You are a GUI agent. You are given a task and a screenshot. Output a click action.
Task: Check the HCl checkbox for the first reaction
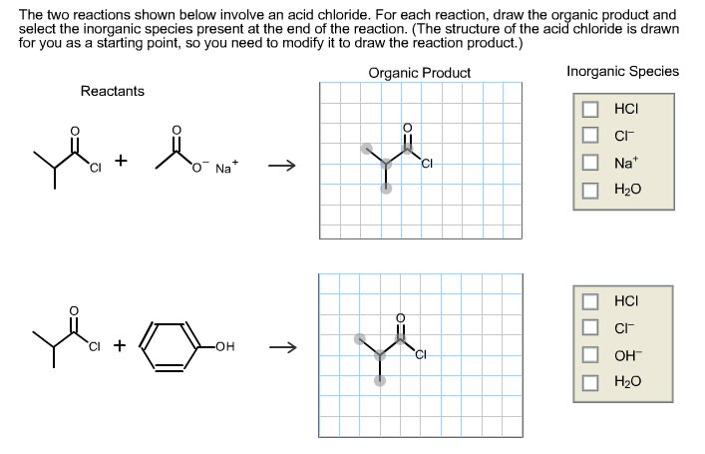pos(590,109)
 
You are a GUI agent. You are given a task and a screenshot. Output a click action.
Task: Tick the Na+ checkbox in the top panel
pos(590,163)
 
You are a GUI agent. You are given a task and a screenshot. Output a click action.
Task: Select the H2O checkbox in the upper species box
pos(590,190)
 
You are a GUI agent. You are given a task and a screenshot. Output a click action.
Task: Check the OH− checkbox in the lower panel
pos(590,355)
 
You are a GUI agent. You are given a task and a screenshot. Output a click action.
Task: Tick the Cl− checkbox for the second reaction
pos(590,327)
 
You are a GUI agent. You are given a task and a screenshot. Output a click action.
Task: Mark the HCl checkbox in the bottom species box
pos(590,301)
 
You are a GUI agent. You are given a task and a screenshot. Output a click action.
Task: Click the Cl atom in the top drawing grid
pos(427,164)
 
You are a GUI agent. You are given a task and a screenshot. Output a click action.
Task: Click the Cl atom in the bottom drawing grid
pos(421,354)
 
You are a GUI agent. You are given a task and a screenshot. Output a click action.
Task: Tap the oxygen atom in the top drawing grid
pos(407,128)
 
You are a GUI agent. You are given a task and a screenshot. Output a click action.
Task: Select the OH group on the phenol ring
pos(224,346)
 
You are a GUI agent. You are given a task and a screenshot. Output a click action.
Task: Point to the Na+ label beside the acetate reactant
pos(226,168)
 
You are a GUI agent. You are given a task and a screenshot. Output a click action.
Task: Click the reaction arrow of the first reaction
pos(282,166)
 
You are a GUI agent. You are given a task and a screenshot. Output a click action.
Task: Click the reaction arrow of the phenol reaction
pos(283,347)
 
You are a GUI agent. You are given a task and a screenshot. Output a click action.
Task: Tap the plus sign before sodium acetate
pos(121,161)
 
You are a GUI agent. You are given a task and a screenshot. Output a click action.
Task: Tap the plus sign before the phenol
pos(120,345)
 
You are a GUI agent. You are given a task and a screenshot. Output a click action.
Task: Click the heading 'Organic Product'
pos(420,73)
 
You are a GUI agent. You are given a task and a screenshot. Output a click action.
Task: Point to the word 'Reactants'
pos(113,91)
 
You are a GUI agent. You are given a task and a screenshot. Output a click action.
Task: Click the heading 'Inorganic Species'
pos(622,71)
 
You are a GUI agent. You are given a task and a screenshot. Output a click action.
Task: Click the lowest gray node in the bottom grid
pos(380,380)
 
